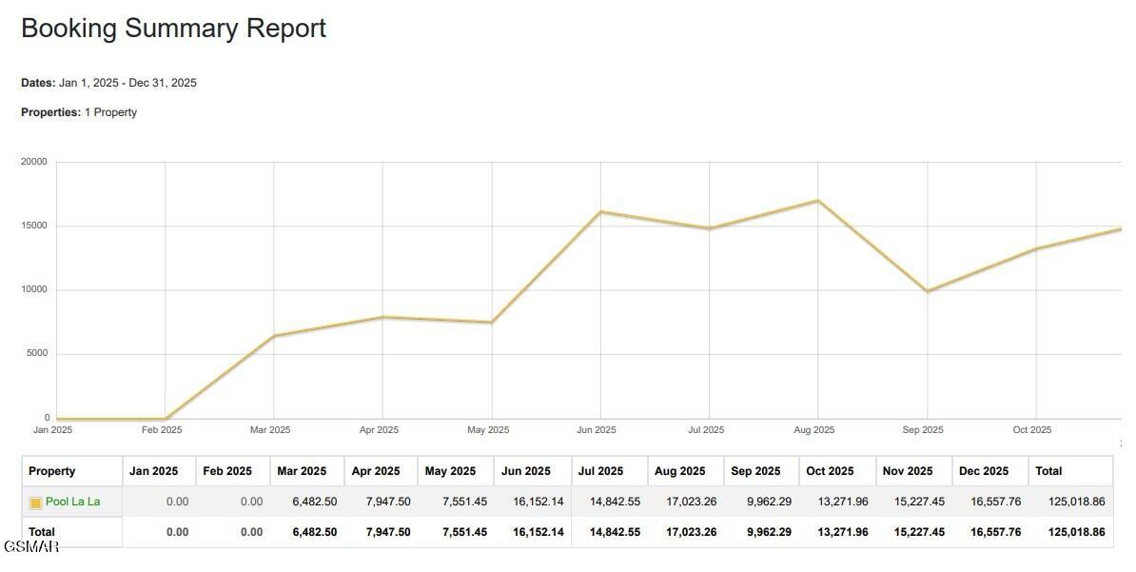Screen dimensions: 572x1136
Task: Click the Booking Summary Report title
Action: (173, 29)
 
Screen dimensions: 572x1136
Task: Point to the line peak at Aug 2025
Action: (817, 201)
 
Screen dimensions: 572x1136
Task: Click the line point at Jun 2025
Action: (600, 211)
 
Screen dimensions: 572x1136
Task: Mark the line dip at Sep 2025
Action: (927, 291)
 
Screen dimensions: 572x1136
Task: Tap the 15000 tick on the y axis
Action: (34, 226)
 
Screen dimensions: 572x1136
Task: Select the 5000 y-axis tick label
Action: (37, 354)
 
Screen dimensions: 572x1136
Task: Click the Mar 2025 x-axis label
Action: (270, 430)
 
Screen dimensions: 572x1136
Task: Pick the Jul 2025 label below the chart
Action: (706, 430)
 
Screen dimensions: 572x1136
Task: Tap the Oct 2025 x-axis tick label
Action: (1032, 430)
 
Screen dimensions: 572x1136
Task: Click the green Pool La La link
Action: (72, 502)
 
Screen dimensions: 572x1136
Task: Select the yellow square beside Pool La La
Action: (35, 503)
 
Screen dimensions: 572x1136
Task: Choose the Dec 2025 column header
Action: (983, 471)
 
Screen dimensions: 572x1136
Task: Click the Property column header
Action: (51, 471)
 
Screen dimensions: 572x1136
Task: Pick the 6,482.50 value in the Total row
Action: (314, 532)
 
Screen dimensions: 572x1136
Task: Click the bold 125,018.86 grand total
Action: (1076, 532)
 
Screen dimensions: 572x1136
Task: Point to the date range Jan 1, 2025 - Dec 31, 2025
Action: (127, 83)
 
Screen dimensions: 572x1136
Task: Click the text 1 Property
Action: (110, 112)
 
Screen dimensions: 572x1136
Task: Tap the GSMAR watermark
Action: (30, 546)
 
